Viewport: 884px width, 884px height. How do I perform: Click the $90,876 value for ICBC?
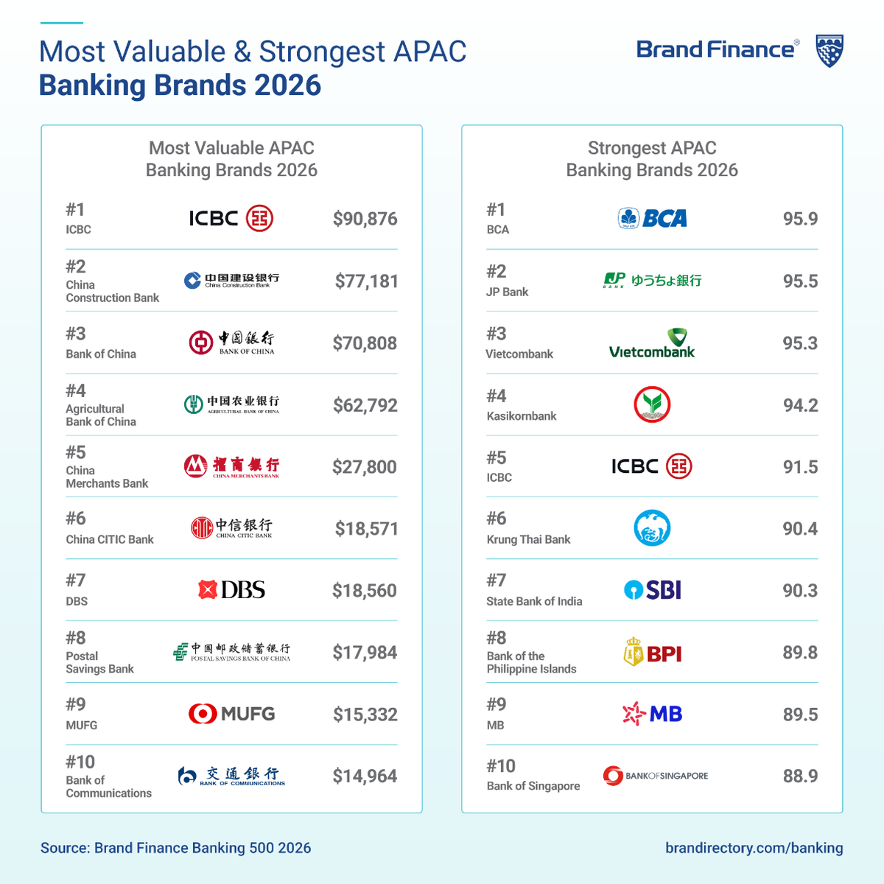[x=365, y=219]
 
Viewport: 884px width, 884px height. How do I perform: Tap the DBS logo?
[x=232, y=590]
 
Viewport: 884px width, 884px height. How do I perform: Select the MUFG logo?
[x=232, y=714]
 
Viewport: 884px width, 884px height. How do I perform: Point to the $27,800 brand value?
[x=365, y=467]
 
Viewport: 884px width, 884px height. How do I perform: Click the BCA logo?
[x=653, y=218]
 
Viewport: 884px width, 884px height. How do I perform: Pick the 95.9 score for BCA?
[x=800, y=219]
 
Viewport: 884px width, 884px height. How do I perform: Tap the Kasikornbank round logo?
[x=652, y=404]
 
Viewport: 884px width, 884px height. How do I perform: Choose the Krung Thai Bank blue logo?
[x=652, y=528]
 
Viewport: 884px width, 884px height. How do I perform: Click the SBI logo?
[x=653, y=590]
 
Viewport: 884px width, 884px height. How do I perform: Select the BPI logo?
[x=653, y=653]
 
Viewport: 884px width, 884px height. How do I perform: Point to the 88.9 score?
[x=800, y=776]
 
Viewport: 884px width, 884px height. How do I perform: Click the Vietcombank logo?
[x=652, y=343]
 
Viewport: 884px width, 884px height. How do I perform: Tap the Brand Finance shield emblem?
[x=829, y=51]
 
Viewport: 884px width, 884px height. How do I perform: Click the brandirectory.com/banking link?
[x=754, y=848]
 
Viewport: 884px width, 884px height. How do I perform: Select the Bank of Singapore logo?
[x=655, y=776]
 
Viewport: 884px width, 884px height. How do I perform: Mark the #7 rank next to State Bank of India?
[x=497, y=580]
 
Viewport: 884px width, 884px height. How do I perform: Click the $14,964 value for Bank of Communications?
[x=365, y=776]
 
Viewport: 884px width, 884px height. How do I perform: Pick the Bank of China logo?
[x=232, y=343]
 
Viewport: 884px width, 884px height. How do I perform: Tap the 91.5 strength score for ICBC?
[x=800, y=467]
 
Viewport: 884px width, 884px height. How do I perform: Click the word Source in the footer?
[x=64, y=848]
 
